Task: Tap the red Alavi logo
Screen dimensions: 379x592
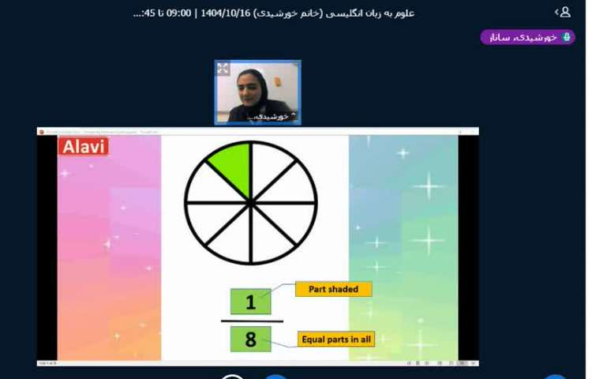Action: click(x=83, y=146)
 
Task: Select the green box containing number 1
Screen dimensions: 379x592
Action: click(x=251, y=302)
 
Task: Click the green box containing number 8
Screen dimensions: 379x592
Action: click(x=251, y=340)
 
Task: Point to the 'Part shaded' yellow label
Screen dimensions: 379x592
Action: click(x=333, y=289)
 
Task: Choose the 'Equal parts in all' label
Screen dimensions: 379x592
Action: click(x=335, y=340)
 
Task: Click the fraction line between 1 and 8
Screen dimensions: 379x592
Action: click(x=251, y=321)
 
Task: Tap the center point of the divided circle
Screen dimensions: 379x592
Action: click(x=251, y=203)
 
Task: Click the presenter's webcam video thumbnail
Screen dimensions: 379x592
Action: click(x=257, y=92)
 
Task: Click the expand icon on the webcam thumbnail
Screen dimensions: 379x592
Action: click(x=223, y=69)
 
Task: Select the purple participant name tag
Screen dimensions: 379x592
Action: click(x=527, y=37)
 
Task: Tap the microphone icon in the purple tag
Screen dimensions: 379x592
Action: click(x=566, y=37)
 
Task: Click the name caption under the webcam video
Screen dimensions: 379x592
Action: click(x=264, y=116)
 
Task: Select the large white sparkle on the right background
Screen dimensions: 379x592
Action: click(x=429, y=186)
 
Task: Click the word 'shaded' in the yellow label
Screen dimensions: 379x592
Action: click(x=344, y=289)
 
